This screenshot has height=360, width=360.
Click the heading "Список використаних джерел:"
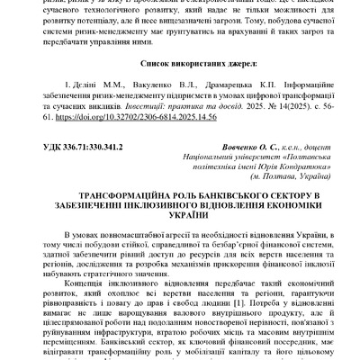coord(180,66)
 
